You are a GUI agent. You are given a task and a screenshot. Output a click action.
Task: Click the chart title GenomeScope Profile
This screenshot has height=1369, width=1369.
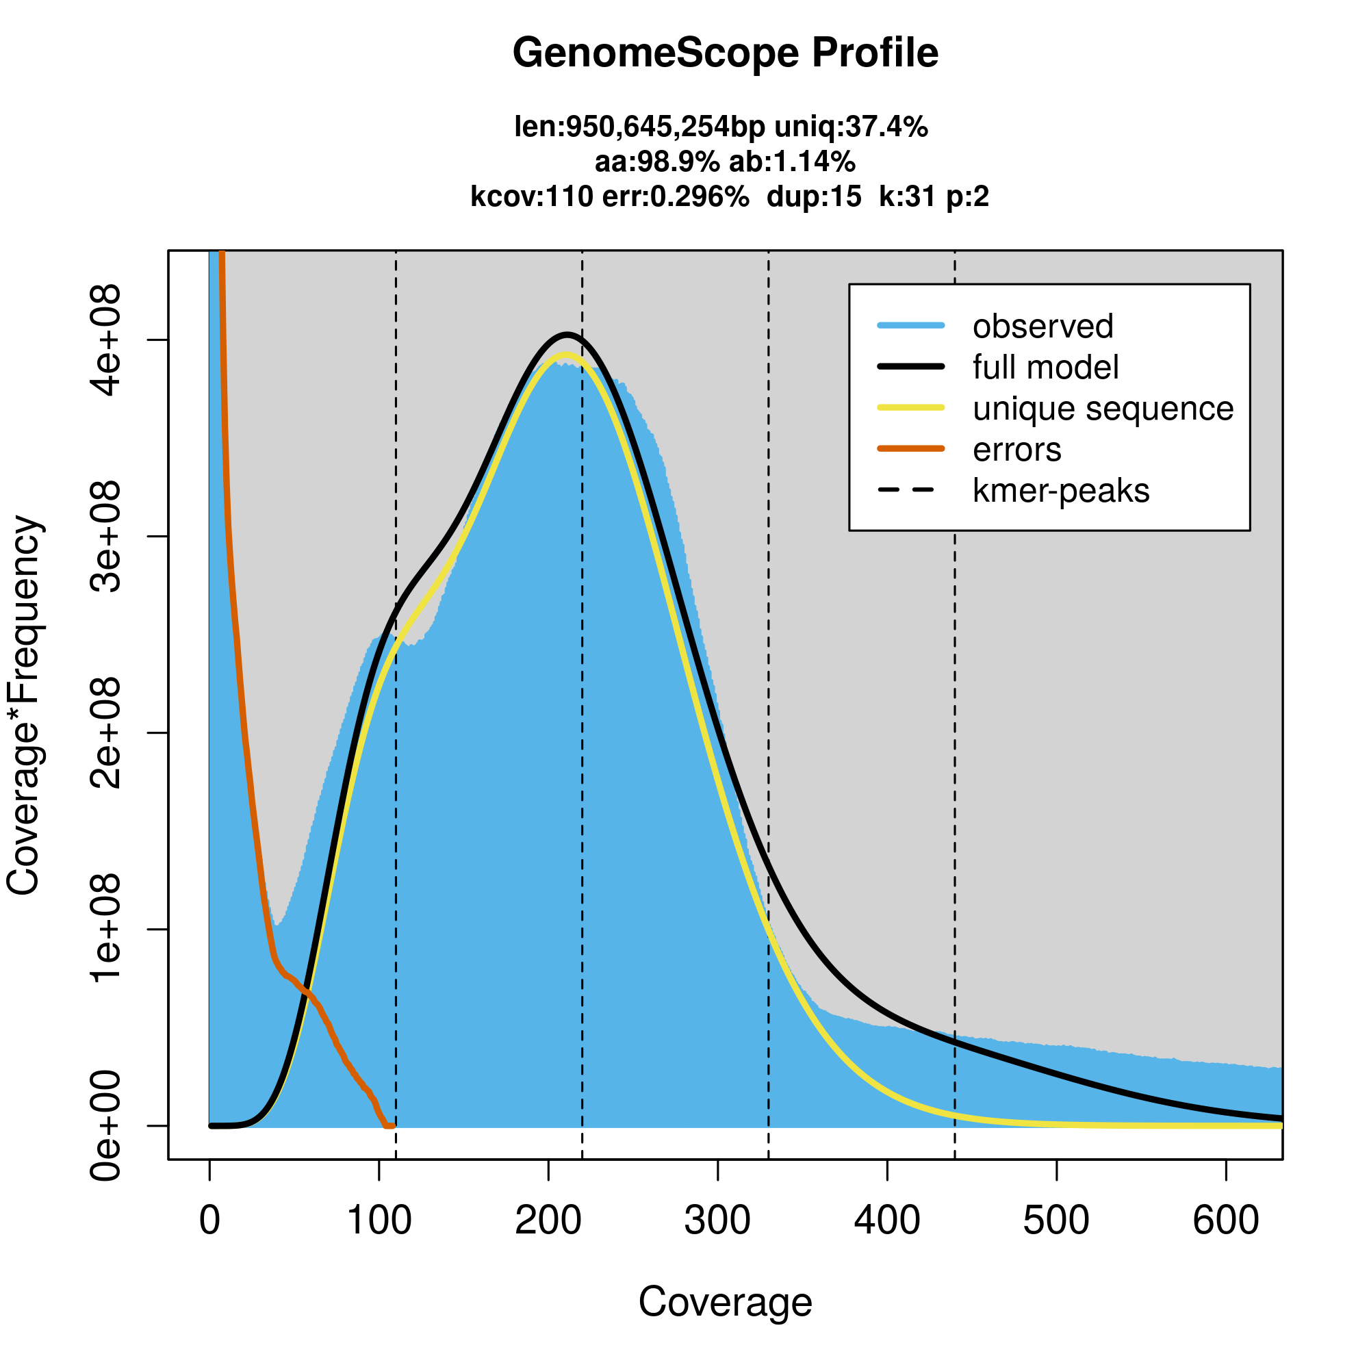click(725, 53)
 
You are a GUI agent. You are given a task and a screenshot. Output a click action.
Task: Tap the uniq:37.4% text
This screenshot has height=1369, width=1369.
click(850, 127)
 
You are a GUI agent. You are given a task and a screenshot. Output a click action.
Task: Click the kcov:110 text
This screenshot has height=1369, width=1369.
click(531, 196)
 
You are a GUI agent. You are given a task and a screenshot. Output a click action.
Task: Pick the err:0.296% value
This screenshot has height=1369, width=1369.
click(676, 196)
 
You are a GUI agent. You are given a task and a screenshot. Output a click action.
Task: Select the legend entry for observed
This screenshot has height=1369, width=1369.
click(1042, 327)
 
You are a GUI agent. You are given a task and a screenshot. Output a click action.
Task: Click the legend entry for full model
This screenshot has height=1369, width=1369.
click(1045, 368)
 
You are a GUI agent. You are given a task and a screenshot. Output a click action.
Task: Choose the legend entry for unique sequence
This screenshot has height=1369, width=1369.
click(1103, 409)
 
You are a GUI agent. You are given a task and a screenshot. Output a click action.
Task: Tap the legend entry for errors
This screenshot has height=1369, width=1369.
click(1017, 450)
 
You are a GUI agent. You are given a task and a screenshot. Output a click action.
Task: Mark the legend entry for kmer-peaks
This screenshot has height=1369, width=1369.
click(1061, 491)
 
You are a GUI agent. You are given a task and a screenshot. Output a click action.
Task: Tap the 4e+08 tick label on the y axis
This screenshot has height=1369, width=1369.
click(106, 341)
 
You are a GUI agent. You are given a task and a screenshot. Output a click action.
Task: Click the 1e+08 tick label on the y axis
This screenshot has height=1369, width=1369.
click(106, 928)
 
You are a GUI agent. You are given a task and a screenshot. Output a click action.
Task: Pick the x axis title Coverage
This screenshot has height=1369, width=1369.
click(725, 1303)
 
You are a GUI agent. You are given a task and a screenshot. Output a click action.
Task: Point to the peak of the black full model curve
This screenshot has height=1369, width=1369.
click(567, 334)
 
